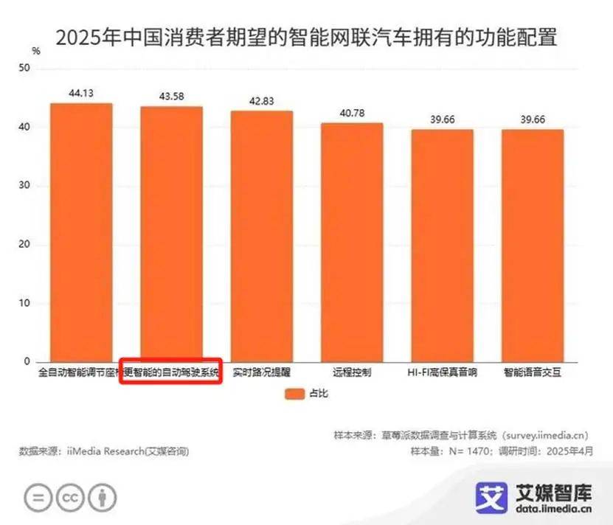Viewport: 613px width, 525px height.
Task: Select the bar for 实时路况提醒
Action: [262, 236]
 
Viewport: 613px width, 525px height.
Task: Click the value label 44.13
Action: [81, 93]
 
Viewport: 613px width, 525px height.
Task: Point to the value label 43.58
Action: [171, 97]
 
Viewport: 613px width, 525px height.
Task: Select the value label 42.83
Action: [262, 101]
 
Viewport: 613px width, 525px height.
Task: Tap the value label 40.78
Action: [351, 113]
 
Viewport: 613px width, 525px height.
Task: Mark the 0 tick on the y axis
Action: [27, 361]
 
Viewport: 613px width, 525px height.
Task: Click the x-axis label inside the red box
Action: [171, 373]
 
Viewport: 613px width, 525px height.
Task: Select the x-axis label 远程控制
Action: [351, 373]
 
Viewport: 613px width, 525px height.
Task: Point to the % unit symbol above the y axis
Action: [36, 50]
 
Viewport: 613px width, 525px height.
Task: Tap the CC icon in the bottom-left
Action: [71, 499]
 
